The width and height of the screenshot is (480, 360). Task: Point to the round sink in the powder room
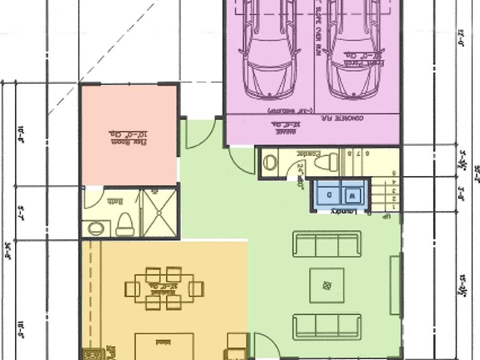270,161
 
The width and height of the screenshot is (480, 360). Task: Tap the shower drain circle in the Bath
159,212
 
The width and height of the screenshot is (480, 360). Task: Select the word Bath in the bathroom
115,201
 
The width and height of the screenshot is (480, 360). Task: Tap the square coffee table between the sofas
326,285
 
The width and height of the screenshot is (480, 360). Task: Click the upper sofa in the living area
327,243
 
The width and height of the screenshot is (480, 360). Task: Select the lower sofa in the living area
327,326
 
